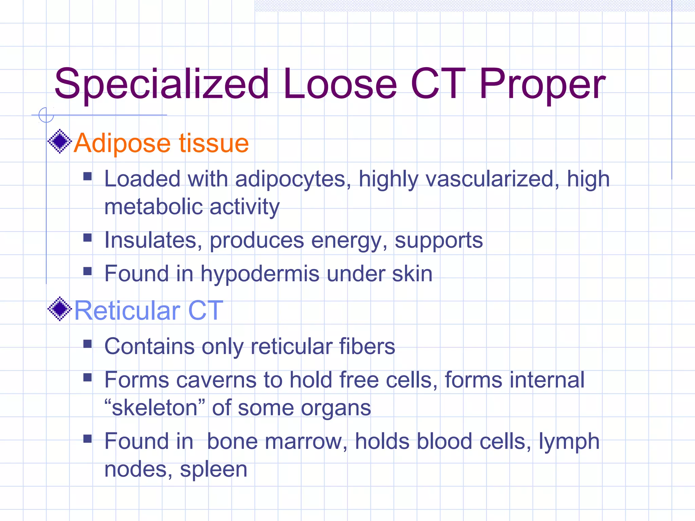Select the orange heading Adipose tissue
[x=162, y=143]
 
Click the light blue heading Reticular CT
[x=149, y=310]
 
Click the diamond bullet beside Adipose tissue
[x=60, y=141]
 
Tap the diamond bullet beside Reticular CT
[x=60, y=309]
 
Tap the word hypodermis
[x=260, y=274]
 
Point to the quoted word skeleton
[x=155, y=408]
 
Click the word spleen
[x=213, y=470]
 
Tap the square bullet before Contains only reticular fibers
[x=88, y=344]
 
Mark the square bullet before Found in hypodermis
[x=88, y=271]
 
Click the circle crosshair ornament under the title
[x=46, y=115]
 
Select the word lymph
[x=569, y=442]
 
